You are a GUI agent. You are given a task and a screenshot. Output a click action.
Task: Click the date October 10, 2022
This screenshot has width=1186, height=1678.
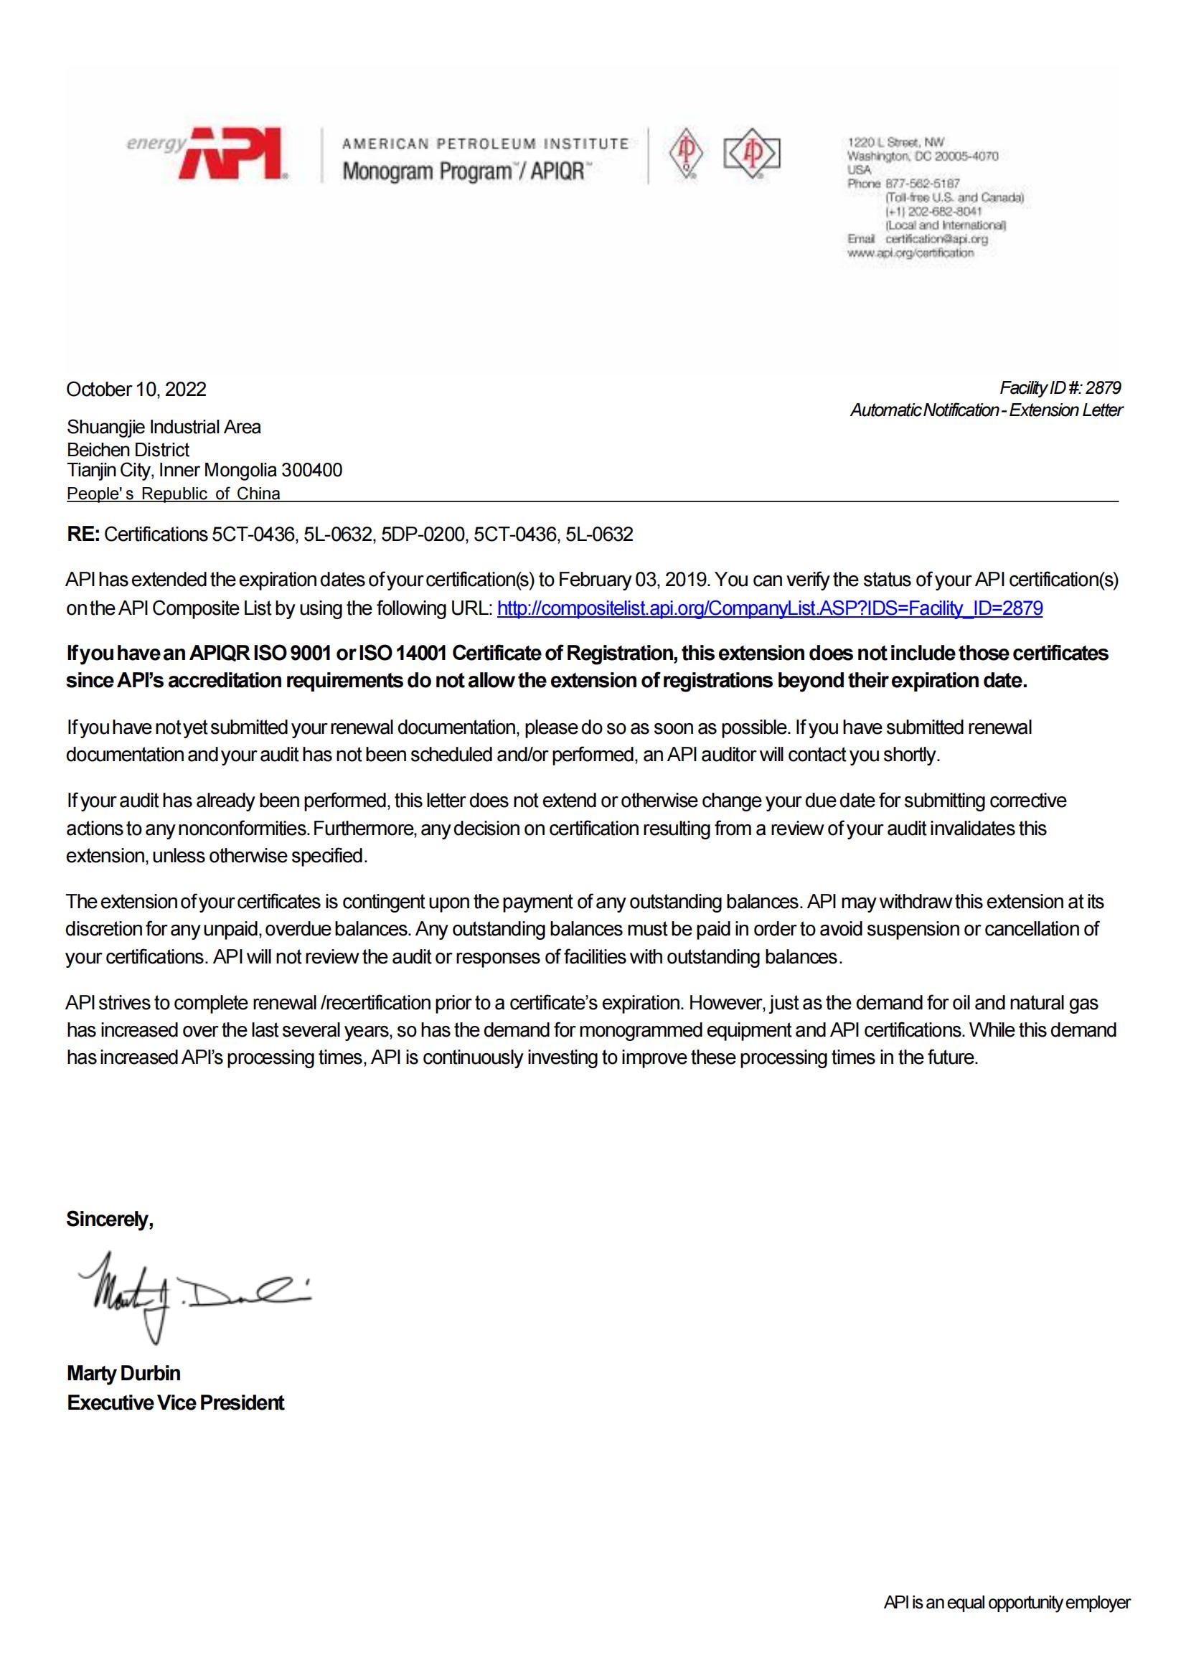click(136, 389)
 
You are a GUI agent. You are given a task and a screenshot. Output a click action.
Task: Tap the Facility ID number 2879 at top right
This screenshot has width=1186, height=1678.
click(1103, 387)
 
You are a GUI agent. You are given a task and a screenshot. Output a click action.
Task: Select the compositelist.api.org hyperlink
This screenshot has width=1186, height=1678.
click(769, 608)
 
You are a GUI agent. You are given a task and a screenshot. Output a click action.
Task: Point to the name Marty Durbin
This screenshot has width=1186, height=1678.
click(123, 1373)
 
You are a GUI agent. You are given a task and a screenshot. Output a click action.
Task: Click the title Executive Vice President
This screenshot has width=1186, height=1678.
click(175, 1403)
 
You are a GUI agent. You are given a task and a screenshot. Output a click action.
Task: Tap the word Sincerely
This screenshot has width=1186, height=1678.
click(110, 1219)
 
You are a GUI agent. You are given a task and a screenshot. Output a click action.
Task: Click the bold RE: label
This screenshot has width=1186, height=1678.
click(83, 534)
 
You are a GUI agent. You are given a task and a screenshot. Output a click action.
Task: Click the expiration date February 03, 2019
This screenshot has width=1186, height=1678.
click(634, 580)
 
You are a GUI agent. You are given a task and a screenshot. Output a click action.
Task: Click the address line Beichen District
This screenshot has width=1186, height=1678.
click(128, 450)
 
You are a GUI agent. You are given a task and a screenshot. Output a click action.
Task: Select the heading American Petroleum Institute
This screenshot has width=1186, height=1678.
click(485, 144)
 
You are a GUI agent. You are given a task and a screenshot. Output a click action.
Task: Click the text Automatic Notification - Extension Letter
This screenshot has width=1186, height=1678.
click(986, 410)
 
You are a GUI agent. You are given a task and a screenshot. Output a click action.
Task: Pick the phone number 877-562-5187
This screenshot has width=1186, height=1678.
click(923, 184)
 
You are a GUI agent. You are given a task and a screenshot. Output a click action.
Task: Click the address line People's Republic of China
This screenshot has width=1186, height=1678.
click(173, 494)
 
